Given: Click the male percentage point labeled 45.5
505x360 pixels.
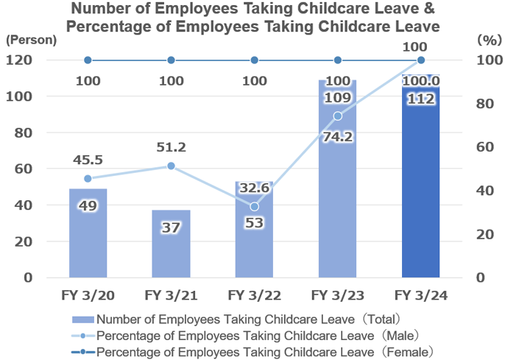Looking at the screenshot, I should click(88, 178).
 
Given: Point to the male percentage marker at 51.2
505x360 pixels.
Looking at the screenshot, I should click(171, 166).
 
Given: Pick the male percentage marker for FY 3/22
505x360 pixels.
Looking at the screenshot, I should click(254, 206).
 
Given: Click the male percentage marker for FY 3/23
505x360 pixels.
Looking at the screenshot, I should click(337, 116).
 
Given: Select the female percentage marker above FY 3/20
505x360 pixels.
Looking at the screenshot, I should click(88, 60).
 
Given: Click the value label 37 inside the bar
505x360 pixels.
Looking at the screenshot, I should click(171, 228).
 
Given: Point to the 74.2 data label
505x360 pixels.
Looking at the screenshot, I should click(337, 136).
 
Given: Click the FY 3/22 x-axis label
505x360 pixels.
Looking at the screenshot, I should click(254, 295).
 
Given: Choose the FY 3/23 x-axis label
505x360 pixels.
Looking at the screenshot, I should click(337, 295).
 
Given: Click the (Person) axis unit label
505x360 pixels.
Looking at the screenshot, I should click(30, 40).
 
